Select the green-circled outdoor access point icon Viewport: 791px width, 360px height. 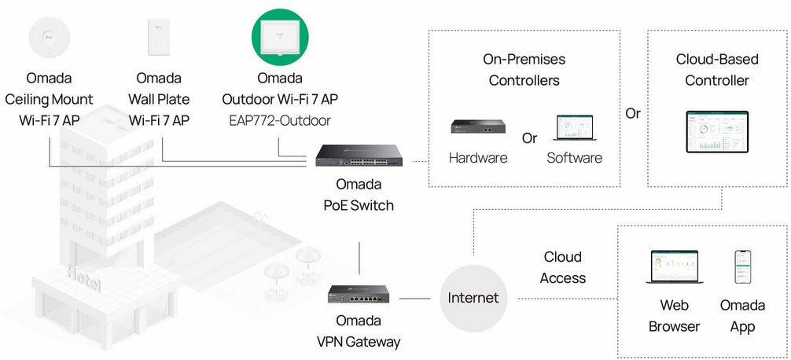click(280, 38)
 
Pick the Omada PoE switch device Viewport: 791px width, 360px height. click(359, 156)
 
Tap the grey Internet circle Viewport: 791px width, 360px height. click(473, 298)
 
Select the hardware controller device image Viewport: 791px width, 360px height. click(476, 126)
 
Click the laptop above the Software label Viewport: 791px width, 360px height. click(575, 129)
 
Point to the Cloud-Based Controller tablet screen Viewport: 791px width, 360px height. click(717, 131)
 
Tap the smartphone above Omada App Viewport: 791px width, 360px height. click(743, 268)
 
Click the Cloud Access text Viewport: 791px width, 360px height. click(563, 267)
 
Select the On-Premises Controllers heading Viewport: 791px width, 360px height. click(524, 70)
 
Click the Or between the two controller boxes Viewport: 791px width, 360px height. click(633, 113)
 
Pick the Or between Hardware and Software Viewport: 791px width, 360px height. click(530, 138)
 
